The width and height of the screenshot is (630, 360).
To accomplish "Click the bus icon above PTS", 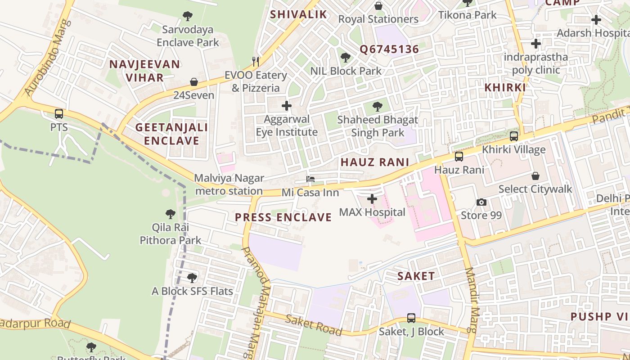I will (x=59, y=114).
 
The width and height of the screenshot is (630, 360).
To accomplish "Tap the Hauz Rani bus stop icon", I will (x=459, y=157).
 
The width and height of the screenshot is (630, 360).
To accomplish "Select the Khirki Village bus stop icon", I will (x=513, y=136).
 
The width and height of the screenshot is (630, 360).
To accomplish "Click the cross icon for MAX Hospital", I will (x=372, y=198).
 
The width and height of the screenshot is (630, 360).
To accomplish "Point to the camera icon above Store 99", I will (x=481, y=202).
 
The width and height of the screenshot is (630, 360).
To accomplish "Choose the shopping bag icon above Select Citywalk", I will (x=535, y=176).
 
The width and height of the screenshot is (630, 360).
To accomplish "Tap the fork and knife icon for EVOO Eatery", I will (x=256, y=61).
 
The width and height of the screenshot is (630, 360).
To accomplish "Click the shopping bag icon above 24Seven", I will (x=194, y=82).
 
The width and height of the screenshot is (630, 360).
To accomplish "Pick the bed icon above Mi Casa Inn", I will (x=310, y=179).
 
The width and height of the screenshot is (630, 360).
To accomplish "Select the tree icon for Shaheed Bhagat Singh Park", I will (x=378, y=107).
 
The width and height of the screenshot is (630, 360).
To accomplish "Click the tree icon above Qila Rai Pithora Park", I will (x=170, y=214).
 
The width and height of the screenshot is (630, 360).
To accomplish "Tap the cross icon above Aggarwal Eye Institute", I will (x=286, y=106).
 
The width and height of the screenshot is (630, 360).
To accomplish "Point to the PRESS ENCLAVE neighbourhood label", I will (x=283, y=217).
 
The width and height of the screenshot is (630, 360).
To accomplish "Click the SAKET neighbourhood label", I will (x=416, y=276).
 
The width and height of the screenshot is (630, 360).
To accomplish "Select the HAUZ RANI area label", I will (x=374, y=162).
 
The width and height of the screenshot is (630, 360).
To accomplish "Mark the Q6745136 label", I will (x=389, y=49).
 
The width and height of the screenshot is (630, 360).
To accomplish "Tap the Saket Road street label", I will (x=314, y=325).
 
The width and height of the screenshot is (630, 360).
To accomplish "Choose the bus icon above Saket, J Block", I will (x=411, y=318).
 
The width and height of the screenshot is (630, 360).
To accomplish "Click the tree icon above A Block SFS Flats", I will (x=192, y=278).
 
